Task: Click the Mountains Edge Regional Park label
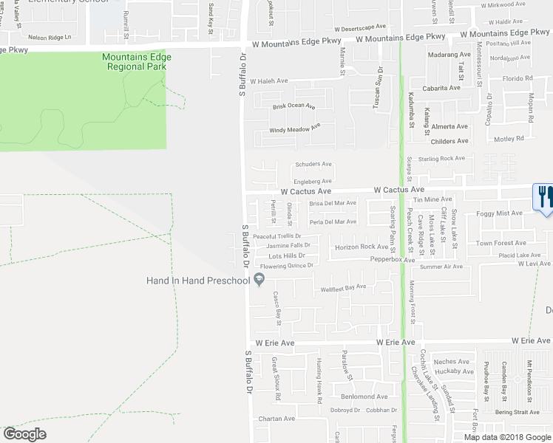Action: coord(137,62)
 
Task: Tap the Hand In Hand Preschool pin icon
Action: coord(259,279)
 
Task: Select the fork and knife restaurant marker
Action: coord(543,196)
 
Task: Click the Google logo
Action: coord(24,434)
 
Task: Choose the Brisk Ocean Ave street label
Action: coord(294,106)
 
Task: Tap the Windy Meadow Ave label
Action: coord(294,129)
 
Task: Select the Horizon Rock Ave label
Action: coord(361,247)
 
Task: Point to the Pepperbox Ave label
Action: coord(392,260)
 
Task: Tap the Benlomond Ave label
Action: coord(364,396)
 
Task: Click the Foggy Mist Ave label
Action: coord(500,213)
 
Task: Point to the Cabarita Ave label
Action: coord(440,88)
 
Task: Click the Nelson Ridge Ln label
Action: coord(50,36)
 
